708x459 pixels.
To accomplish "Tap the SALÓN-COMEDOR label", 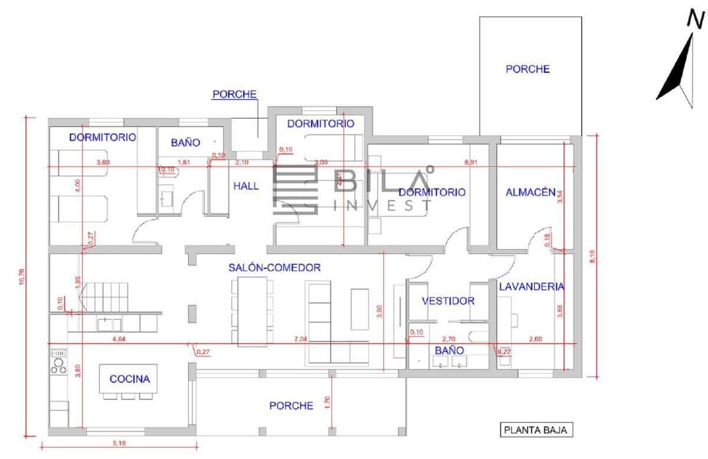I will (274, 267).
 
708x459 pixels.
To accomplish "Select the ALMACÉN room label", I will (531, 192).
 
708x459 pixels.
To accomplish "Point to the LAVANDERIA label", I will (531, 287).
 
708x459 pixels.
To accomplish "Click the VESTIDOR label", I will (448, 301).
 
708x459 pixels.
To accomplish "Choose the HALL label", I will (246, 186).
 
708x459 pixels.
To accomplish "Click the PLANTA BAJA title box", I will (536, 430).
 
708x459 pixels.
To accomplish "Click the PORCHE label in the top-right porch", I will (527, 69).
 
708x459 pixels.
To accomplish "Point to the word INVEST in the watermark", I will (382, 205).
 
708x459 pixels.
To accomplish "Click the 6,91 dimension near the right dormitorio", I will (470, 162).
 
